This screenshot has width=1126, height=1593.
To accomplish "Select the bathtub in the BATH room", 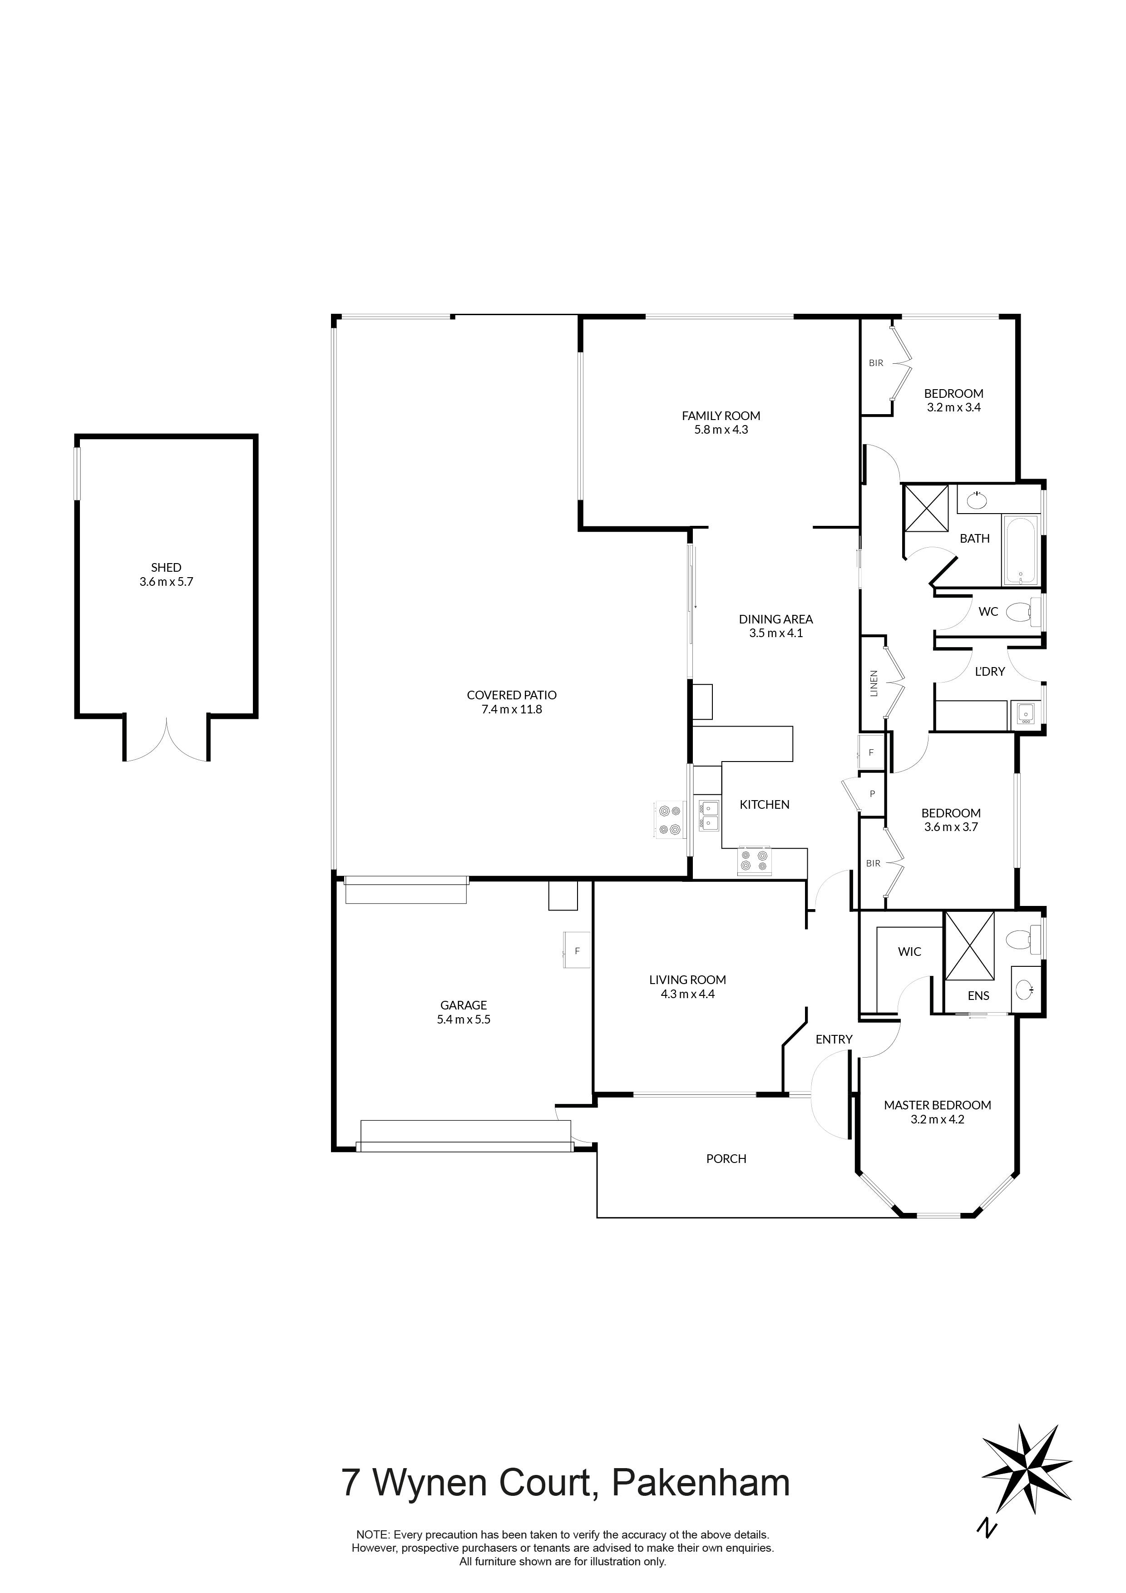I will click(1020, 550).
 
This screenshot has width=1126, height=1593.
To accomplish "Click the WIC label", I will click(909, 952).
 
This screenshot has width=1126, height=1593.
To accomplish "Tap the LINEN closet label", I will click(874, 683).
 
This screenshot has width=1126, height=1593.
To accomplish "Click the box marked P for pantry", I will click(872, 794).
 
